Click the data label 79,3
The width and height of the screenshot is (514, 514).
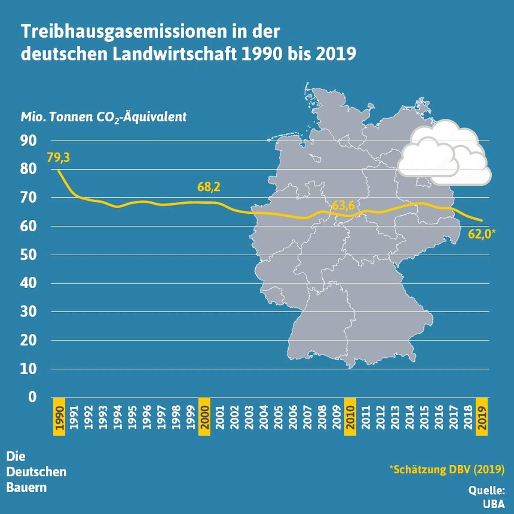(58, 158)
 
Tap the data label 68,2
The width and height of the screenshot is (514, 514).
(209, 187)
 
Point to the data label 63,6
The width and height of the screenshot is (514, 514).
(343, 206)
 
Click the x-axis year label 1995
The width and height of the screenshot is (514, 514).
(132, 417)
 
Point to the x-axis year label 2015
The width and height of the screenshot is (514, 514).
(424, 417)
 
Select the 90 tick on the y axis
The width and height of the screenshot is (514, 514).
(29, 140)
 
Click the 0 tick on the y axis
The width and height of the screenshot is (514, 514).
(33, 397)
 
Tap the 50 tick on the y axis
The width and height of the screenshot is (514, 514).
(29, 254)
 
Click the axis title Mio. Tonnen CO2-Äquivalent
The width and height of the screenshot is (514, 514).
(104, 117)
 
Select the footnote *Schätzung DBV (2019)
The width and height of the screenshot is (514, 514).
(447, 469)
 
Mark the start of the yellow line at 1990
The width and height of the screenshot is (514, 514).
(59, 171)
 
